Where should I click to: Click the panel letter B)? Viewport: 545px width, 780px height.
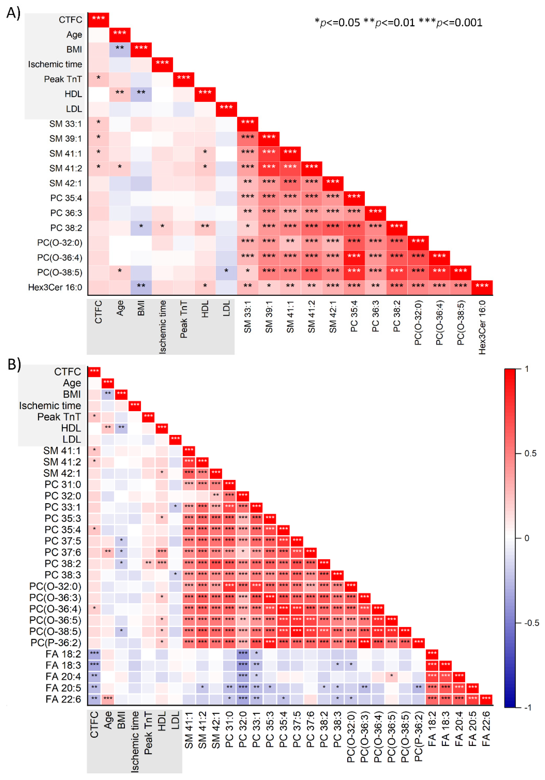coord(14,364)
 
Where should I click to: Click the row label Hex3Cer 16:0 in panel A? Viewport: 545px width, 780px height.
coord(55,287)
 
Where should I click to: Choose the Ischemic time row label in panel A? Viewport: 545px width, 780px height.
coord(55,64)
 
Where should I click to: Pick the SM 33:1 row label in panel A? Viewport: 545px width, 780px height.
coord(65,124)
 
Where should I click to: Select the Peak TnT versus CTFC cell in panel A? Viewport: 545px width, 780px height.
coord(98,79)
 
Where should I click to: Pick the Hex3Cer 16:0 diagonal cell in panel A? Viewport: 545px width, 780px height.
coord(482,287)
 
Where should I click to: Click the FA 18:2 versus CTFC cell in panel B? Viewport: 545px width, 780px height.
coord(94,654)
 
